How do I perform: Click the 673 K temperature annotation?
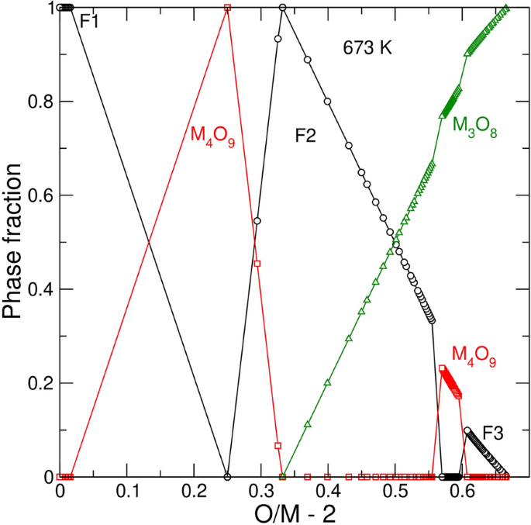[x=368, y=47]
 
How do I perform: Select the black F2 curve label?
[x=305, y=136]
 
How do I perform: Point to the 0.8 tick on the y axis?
[x=39, y=102]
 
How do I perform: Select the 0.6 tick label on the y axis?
[x=39, y=195]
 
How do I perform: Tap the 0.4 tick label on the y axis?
[x=39, y=289]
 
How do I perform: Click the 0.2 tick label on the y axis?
[x=39, y=383]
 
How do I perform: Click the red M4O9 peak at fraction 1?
[x=227, y=8]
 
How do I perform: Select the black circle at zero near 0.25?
[x=227, y=476]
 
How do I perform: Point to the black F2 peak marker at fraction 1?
[x=283, y=8]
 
